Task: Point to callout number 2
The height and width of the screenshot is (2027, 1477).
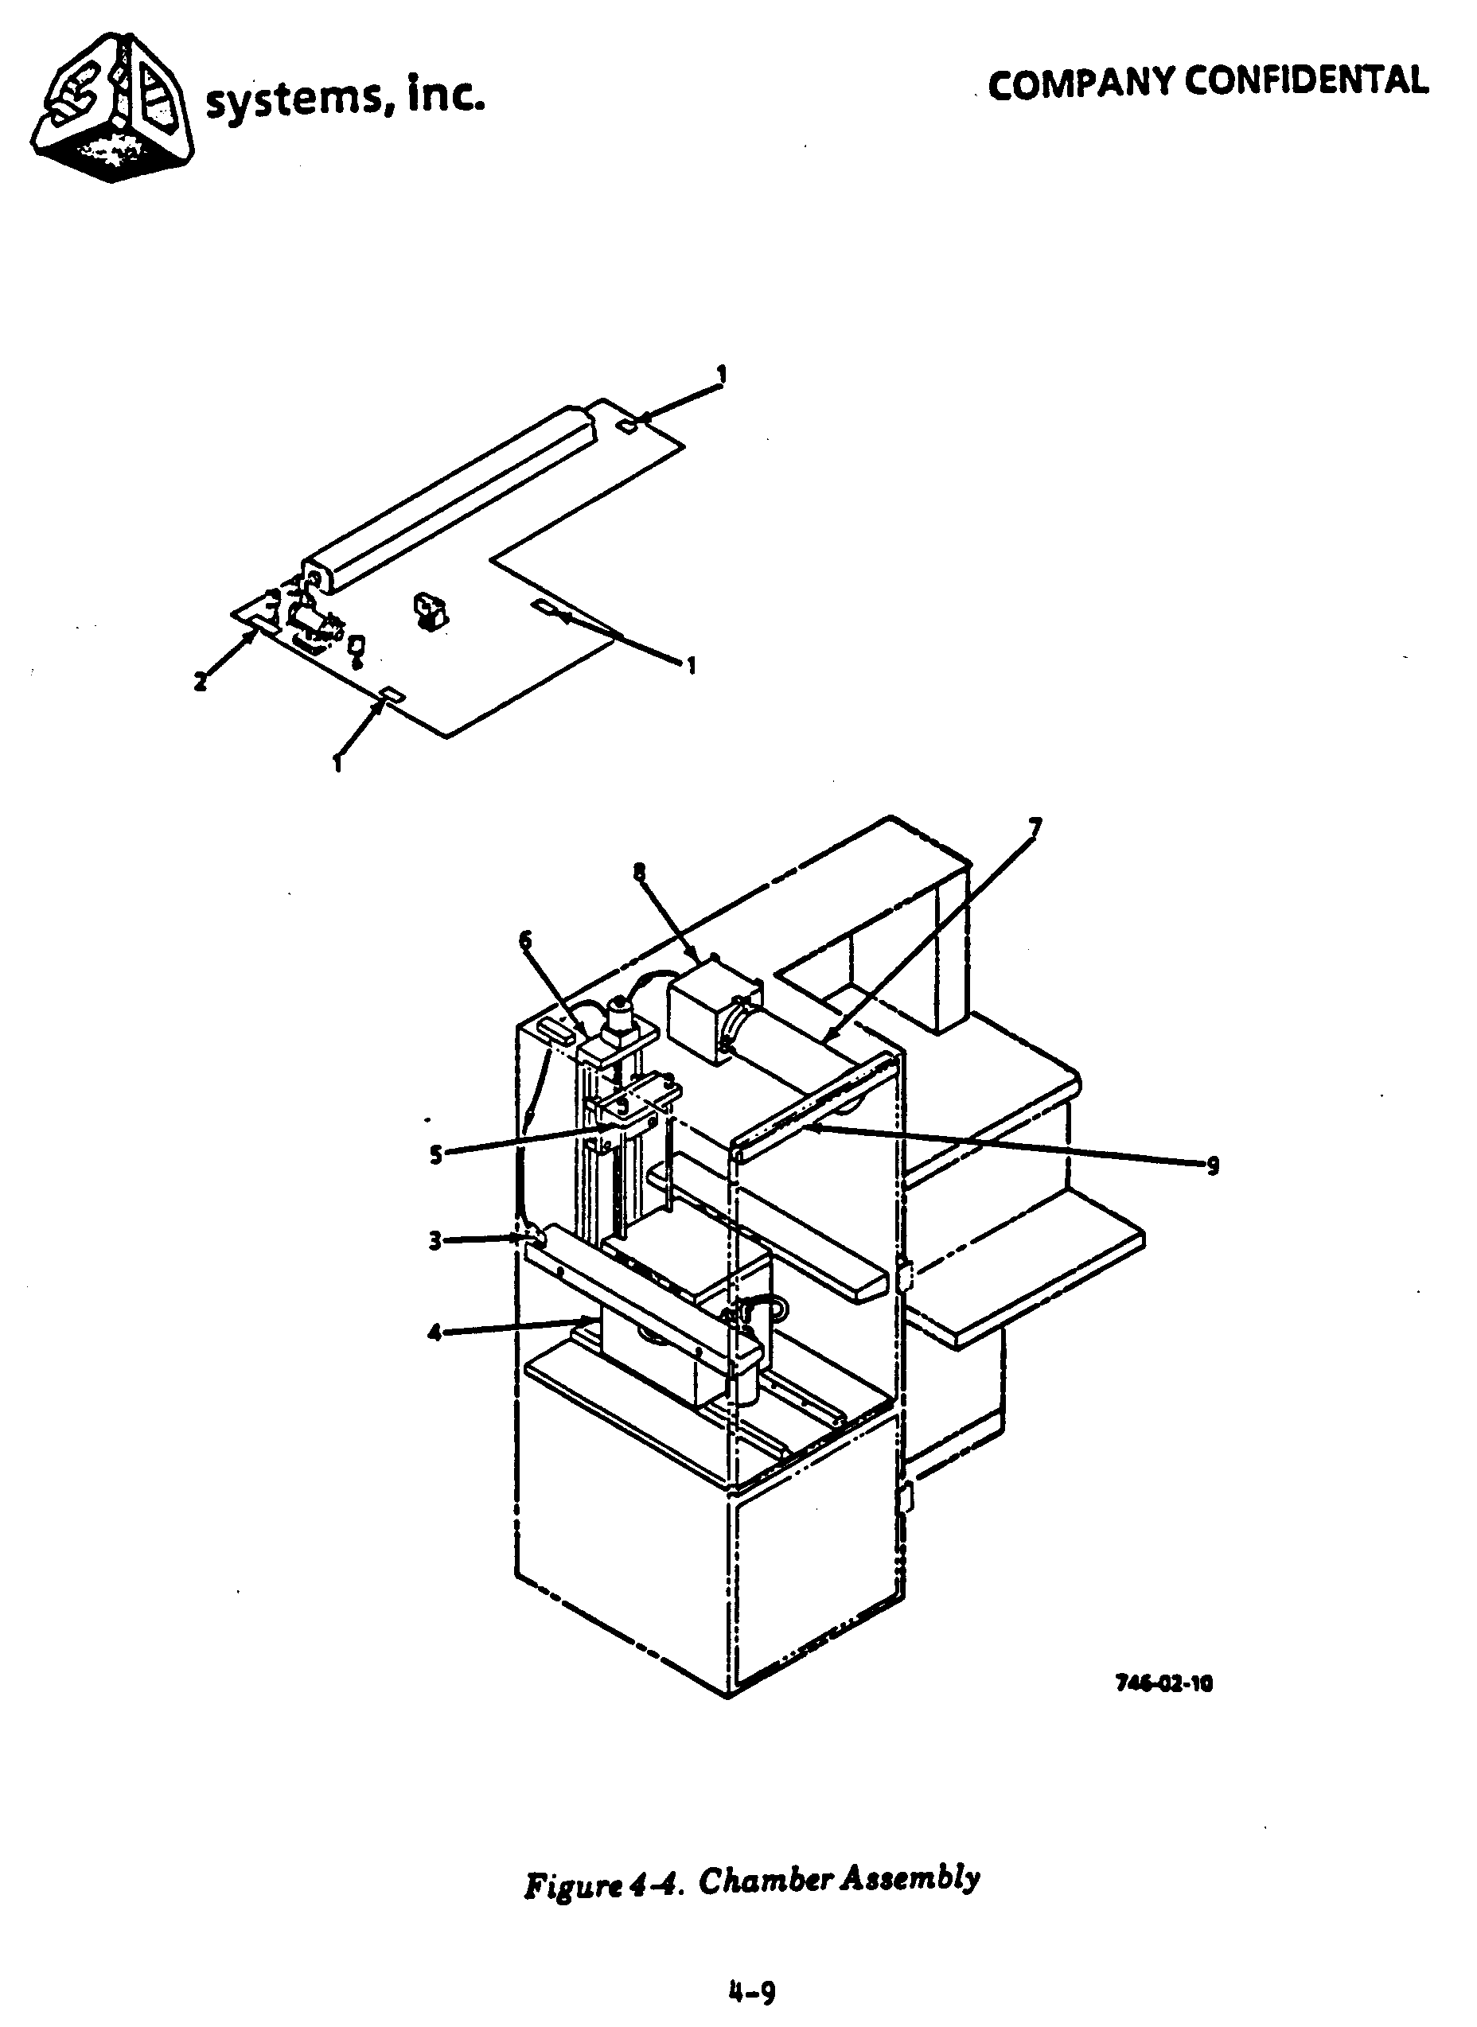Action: point(201,681)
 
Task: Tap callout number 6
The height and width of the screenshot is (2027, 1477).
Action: point(524,940)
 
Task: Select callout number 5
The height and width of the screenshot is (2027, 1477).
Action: point(435,1156)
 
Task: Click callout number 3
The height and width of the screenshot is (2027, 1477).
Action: point(435,1240)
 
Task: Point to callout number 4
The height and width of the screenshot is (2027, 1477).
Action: point(435,1333)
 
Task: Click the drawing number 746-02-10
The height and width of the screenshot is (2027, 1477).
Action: point(1164,1685)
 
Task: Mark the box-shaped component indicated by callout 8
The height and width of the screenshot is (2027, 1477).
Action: point(708,1016)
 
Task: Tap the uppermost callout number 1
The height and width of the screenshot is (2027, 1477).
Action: point(722,375)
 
